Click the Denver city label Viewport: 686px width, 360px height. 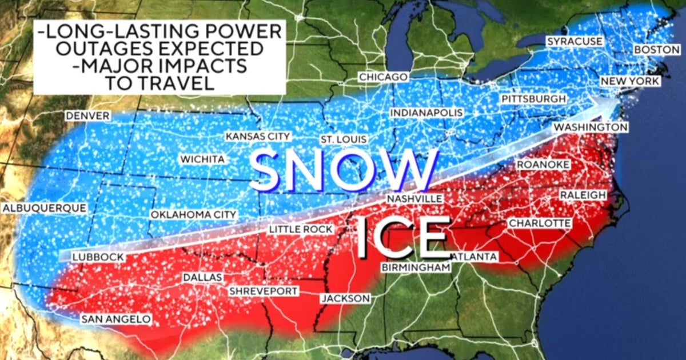click(x=87, y=116)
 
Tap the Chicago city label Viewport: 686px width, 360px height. click(x=383, y=77)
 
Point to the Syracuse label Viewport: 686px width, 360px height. click(x=575, y=41)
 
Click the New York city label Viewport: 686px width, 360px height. click(x=629, y=82)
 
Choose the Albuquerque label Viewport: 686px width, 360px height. click(x=45, y=208)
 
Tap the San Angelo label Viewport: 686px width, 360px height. click(x=115, y=319)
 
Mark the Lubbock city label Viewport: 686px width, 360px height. click(x=98, y=257)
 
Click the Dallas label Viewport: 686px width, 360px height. click(x=202, y=277)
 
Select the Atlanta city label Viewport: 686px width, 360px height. click(x=474, y=257)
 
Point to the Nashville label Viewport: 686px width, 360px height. click(x=414, y=198)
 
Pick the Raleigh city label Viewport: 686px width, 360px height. click(x=583, y=195)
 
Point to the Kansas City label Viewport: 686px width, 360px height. click(x=258, y=137)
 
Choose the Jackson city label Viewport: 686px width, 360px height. click(x=345, y=298)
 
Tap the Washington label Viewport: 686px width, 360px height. click(x=591, y=126)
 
